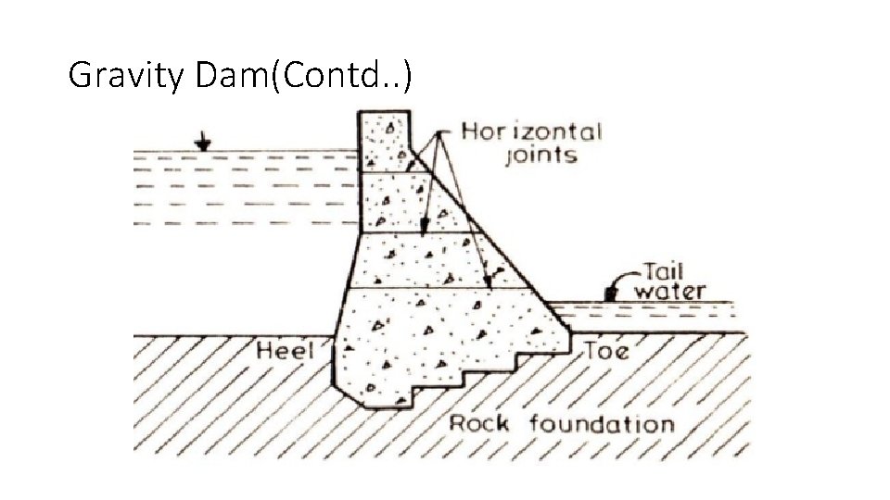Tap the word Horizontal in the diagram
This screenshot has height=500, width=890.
[531, 132]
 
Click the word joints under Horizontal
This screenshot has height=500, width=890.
[540, 156]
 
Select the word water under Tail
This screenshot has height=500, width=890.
[669, 291]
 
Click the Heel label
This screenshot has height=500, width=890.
[285, 351]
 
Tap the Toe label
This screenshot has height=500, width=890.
[607, 352]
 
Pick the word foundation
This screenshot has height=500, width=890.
[602, 425]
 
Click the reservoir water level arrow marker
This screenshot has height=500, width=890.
[203, 143]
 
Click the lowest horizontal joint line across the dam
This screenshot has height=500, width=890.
[445, 289]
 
